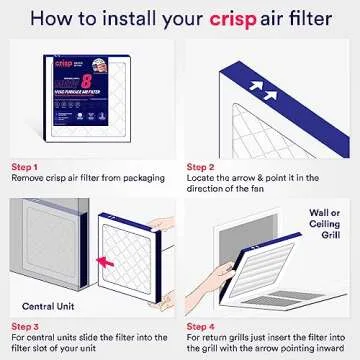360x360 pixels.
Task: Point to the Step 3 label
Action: (25, 324)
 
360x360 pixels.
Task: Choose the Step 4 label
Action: (200, 324)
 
